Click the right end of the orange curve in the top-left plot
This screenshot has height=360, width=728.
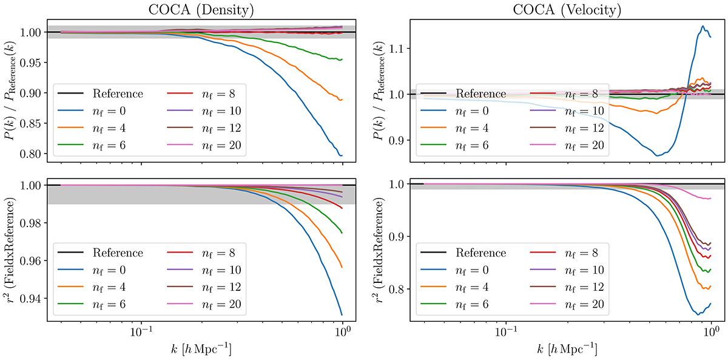click(343, 100)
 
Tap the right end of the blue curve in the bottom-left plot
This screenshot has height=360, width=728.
click(343, 314)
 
